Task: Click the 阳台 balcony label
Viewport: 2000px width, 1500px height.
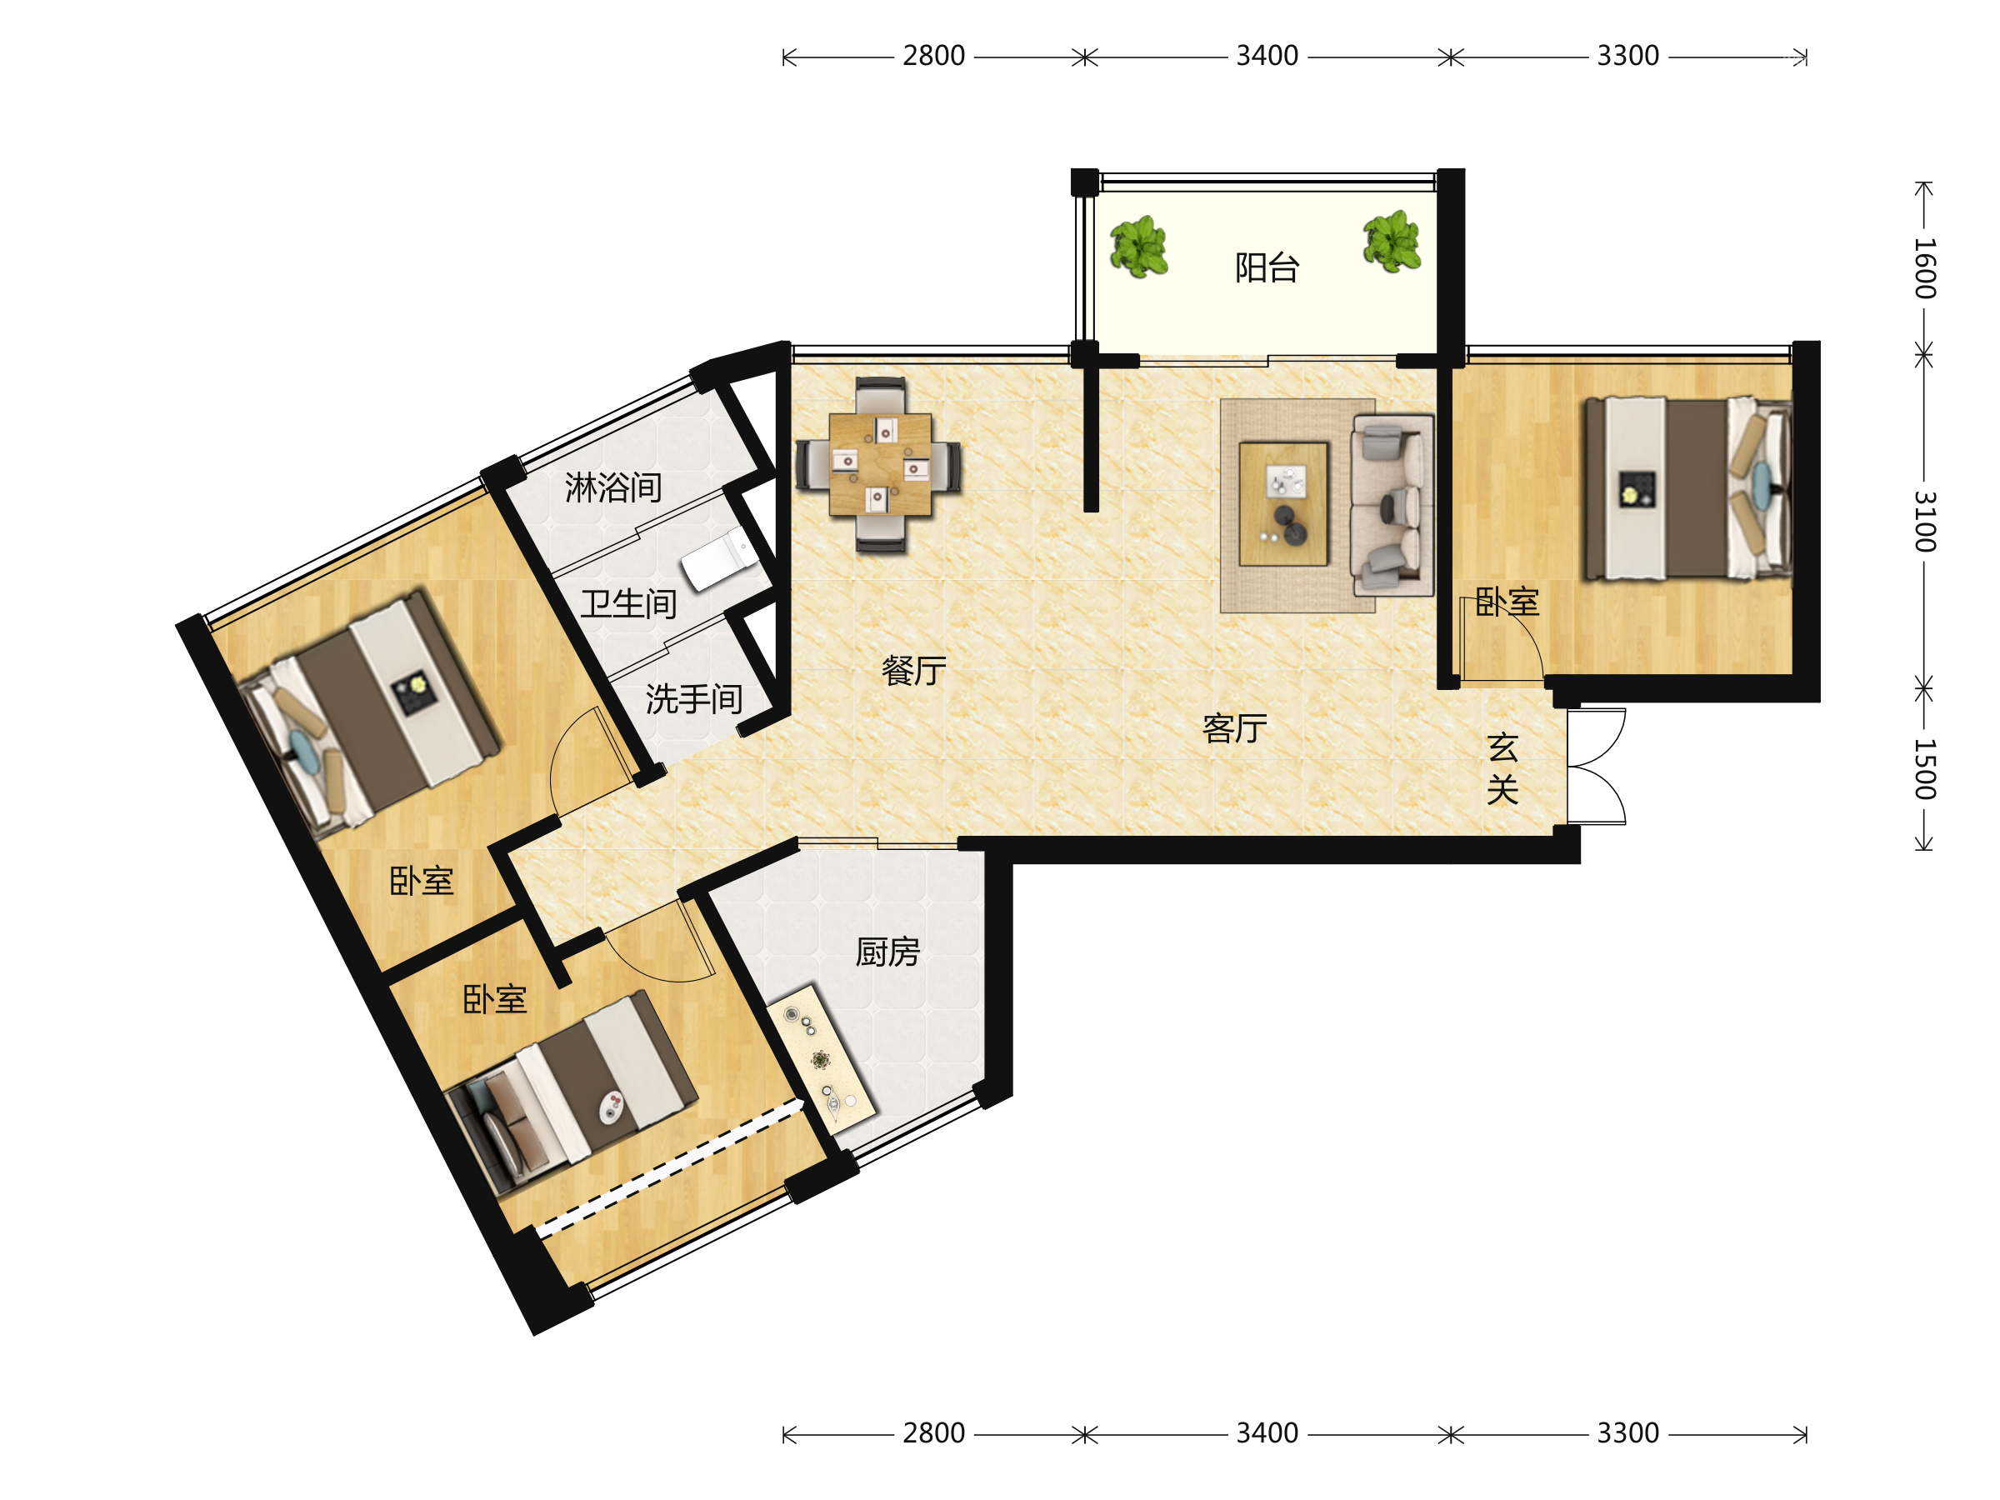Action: pyautogui.click(x=1267, y=267)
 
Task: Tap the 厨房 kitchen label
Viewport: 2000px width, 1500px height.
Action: pyautogui.click(x=887, y=952)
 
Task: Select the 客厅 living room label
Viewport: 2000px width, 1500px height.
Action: pyautogui.click(x=1235, y=727)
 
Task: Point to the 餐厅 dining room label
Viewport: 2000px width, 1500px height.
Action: pyautogui.click(x=914, y=671)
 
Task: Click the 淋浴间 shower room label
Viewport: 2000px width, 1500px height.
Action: pyautogui.click(x=614, y=487)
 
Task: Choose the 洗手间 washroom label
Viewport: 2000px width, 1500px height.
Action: pyautogui.click(x=694, y=699)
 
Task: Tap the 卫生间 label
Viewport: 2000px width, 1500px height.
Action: pyautogui.click(x=629, y=604)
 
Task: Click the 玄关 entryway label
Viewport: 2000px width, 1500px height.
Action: pyautogui.click(x=1502, y=768)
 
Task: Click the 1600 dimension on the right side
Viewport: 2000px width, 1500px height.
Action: pyautogui.click(x=1925, y=268)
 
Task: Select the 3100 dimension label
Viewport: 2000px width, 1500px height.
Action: pyautogui.click(x=1925, y=522)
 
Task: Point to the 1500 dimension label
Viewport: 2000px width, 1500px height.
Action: pyautogui.click(x=1925, y=769)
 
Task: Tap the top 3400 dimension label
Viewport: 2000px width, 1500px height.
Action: pyautogui.click(x=1267, y=56)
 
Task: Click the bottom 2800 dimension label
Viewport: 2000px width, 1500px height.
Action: pyautogui.click(x=934, y=1433)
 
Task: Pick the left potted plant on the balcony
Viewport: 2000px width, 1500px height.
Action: pyautogui.click(x=1138, y=246)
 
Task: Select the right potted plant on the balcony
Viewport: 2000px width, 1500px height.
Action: pyautogui.click(x=1392, y=242)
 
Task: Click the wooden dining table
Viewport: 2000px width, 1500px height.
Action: pyautogui.click(x=880, y=465)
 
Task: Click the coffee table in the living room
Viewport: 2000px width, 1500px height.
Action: pyautogui.click(x=1283, y=503)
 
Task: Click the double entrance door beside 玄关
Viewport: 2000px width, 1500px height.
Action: pyautogui.click(x=1597, y=767)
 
